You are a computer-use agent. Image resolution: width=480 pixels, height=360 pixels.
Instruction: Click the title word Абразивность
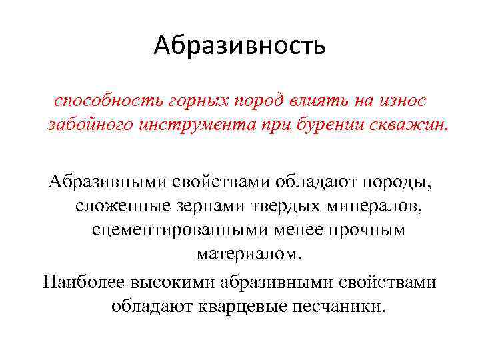tap(239, 45)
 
